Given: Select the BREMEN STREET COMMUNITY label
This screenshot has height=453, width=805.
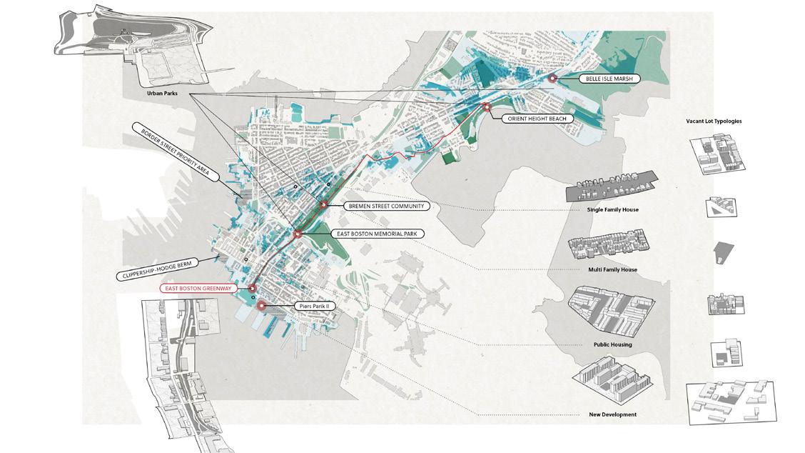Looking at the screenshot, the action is [387, 206].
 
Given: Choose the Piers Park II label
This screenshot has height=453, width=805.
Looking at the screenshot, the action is [313, 306].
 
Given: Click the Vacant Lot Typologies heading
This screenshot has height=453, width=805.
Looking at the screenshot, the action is [714, 121].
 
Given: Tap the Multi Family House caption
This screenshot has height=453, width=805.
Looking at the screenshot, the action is [613, 269].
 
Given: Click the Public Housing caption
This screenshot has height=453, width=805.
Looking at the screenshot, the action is [613, 344].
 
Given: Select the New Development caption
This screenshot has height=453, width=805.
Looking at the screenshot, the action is [613, 414].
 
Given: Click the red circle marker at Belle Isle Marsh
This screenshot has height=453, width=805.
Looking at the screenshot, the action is [552, 79].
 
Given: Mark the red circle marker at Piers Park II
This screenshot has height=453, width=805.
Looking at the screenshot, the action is [262, 305].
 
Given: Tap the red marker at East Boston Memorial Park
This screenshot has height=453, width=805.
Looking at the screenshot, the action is [297, 234].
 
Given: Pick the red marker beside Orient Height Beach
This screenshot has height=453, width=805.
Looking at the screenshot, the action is [487, 107].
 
